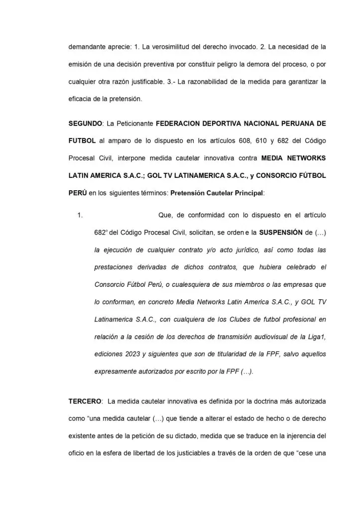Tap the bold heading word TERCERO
coord(85,401)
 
